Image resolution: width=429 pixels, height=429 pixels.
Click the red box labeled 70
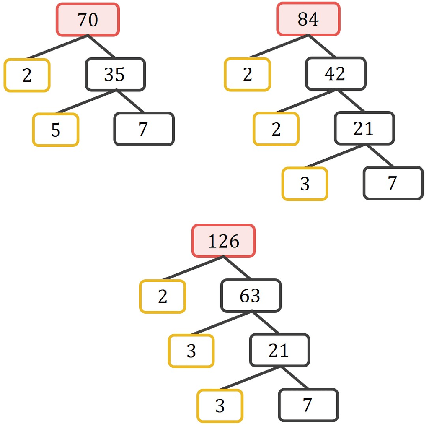(x=88, y=19)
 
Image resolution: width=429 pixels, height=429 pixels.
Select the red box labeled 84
(x=308, y=19)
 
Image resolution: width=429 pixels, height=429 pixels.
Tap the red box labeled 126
(x=224, y=241)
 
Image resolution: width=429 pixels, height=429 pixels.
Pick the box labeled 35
(x=115, y=75)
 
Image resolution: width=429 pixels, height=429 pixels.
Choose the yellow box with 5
(x=56, y=130)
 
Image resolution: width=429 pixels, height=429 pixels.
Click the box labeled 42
(x=336, y=74)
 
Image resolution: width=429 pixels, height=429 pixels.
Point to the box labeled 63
(x=251, y=296)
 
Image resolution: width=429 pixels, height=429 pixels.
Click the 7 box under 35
(x=144, y=129)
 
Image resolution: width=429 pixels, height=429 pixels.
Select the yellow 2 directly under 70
(x=27, y=75)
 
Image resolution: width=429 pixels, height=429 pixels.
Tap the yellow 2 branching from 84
(x=248, y=74)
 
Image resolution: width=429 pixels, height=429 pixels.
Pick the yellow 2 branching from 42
(x=276, y=129)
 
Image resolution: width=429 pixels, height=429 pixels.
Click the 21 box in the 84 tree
(x=364, y=128)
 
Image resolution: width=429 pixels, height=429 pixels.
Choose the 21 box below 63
(x=279, y=350)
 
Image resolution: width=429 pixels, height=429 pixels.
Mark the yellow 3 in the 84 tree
(x=305, y=184)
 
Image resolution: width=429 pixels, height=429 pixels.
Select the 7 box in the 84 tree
(x=393, y=183)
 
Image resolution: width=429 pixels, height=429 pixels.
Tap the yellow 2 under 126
(x=163, y=296)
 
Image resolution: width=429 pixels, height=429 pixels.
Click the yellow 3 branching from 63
(x=191, y=351)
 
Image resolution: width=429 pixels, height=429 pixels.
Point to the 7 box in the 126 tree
(x=308, y=405)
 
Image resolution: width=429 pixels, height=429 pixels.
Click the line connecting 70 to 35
(x=102, y=47)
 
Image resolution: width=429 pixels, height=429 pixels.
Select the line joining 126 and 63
(x=238, y=268)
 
